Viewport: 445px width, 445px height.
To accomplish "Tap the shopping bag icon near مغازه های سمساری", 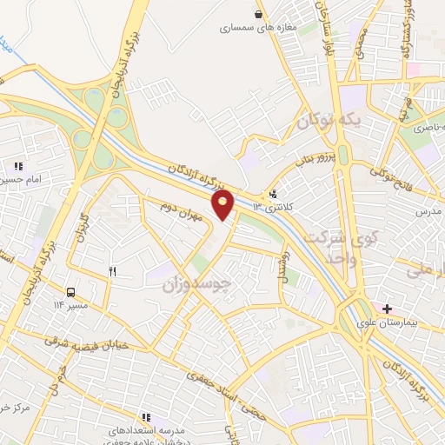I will pyautogui.click(x=258, y=14).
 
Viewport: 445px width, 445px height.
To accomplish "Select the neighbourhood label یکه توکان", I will pyautogui.click(x=327, y=122).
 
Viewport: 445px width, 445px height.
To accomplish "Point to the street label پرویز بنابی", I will pyautogui.click(x=312, y=160).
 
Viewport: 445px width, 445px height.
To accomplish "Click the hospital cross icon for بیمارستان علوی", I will pyautogui.click(x=387, y=309).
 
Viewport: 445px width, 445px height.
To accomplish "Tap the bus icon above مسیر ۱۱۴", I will pyautogui.click(x=70, y=291).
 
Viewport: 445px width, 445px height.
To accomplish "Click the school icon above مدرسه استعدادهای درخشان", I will pyautogui.click(x=145, y=417).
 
